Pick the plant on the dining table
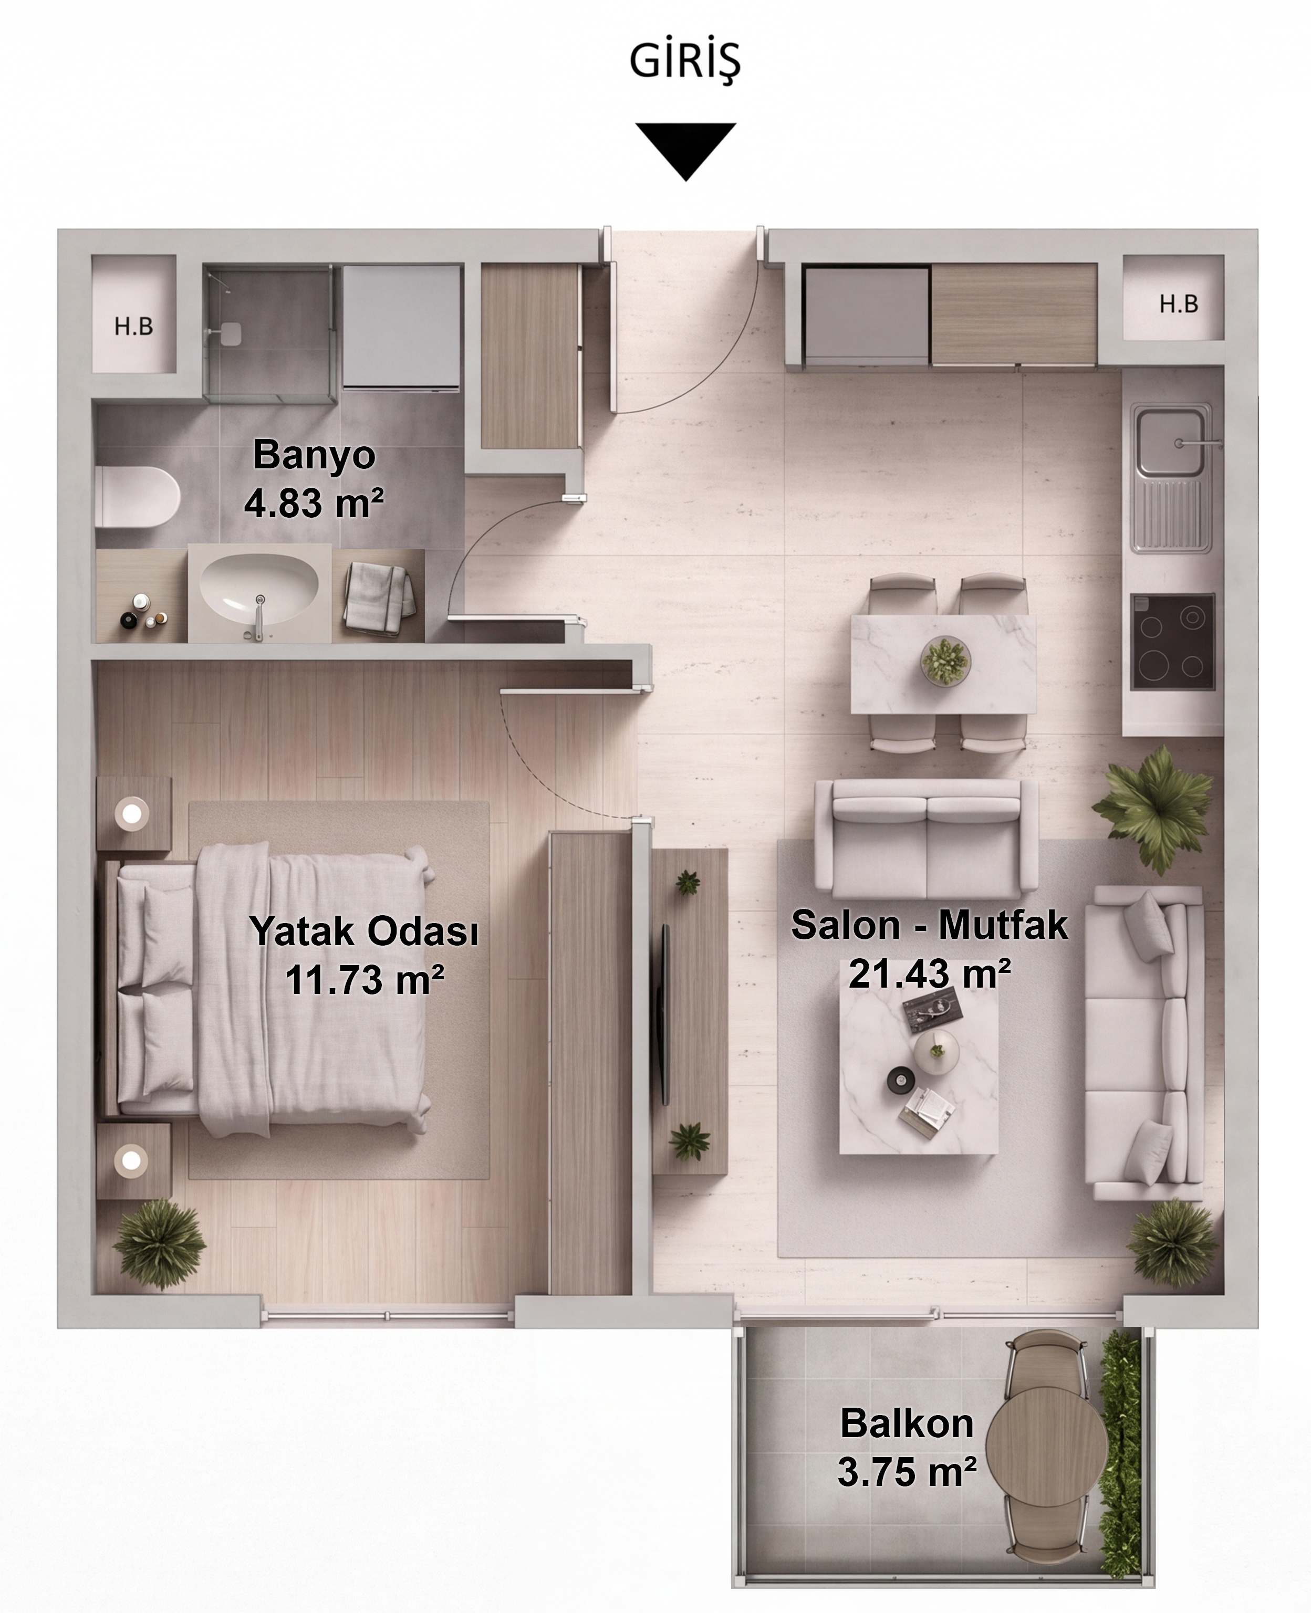(945, 662)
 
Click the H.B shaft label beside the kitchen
(1179, 303)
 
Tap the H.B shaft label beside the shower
(133, 326)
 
